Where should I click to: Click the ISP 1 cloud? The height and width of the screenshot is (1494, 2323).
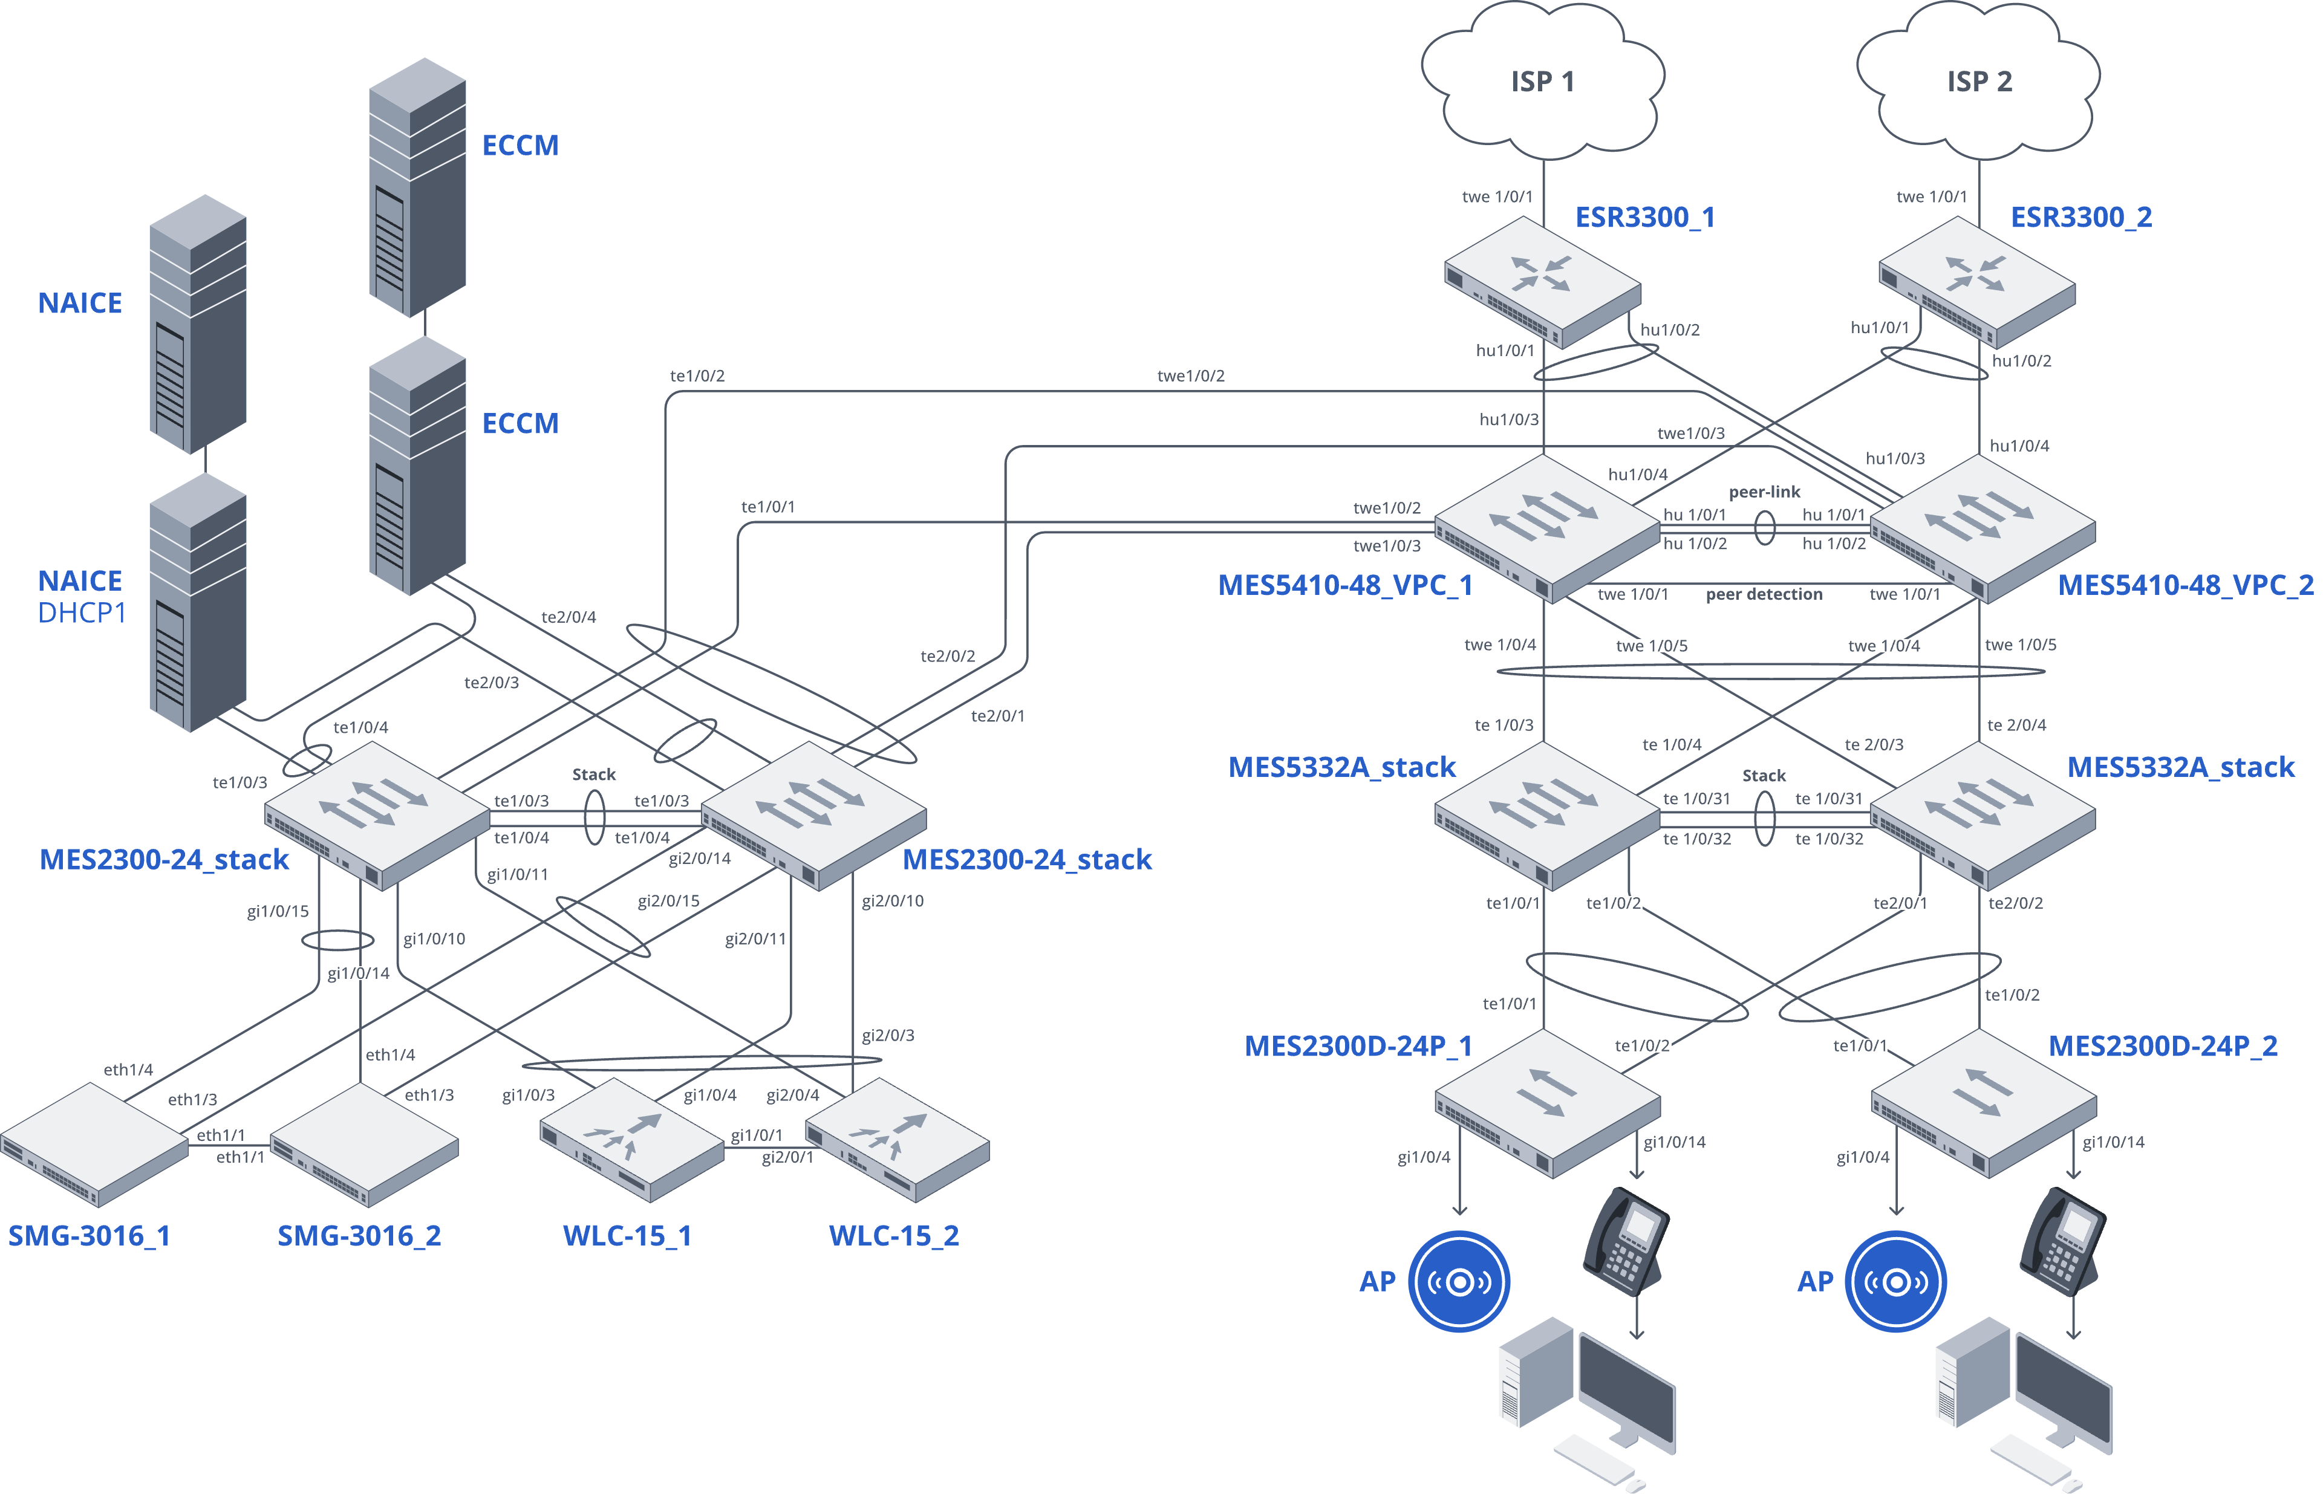[1543, 82]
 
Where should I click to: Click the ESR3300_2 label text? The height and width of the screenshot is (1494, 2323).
[2080, 217]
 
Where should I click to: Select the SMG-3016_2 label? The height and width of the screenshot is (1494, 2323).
[359, 1235]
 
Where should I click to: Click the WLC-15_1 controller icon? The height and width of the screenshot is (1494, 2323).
[631, 1140]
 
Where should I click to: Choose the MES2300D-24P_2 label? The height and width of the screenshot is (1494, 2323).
[2162, 1046]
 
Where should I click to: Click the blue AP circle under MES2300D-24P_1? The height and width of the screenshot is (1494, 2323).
[1458, 1282]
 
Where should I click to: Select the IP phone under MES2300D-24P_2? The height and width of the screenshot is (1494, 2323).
[2062, 1242]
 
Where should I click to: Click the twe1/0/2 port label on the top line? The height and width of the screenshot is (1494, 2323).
[1191, 375]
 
